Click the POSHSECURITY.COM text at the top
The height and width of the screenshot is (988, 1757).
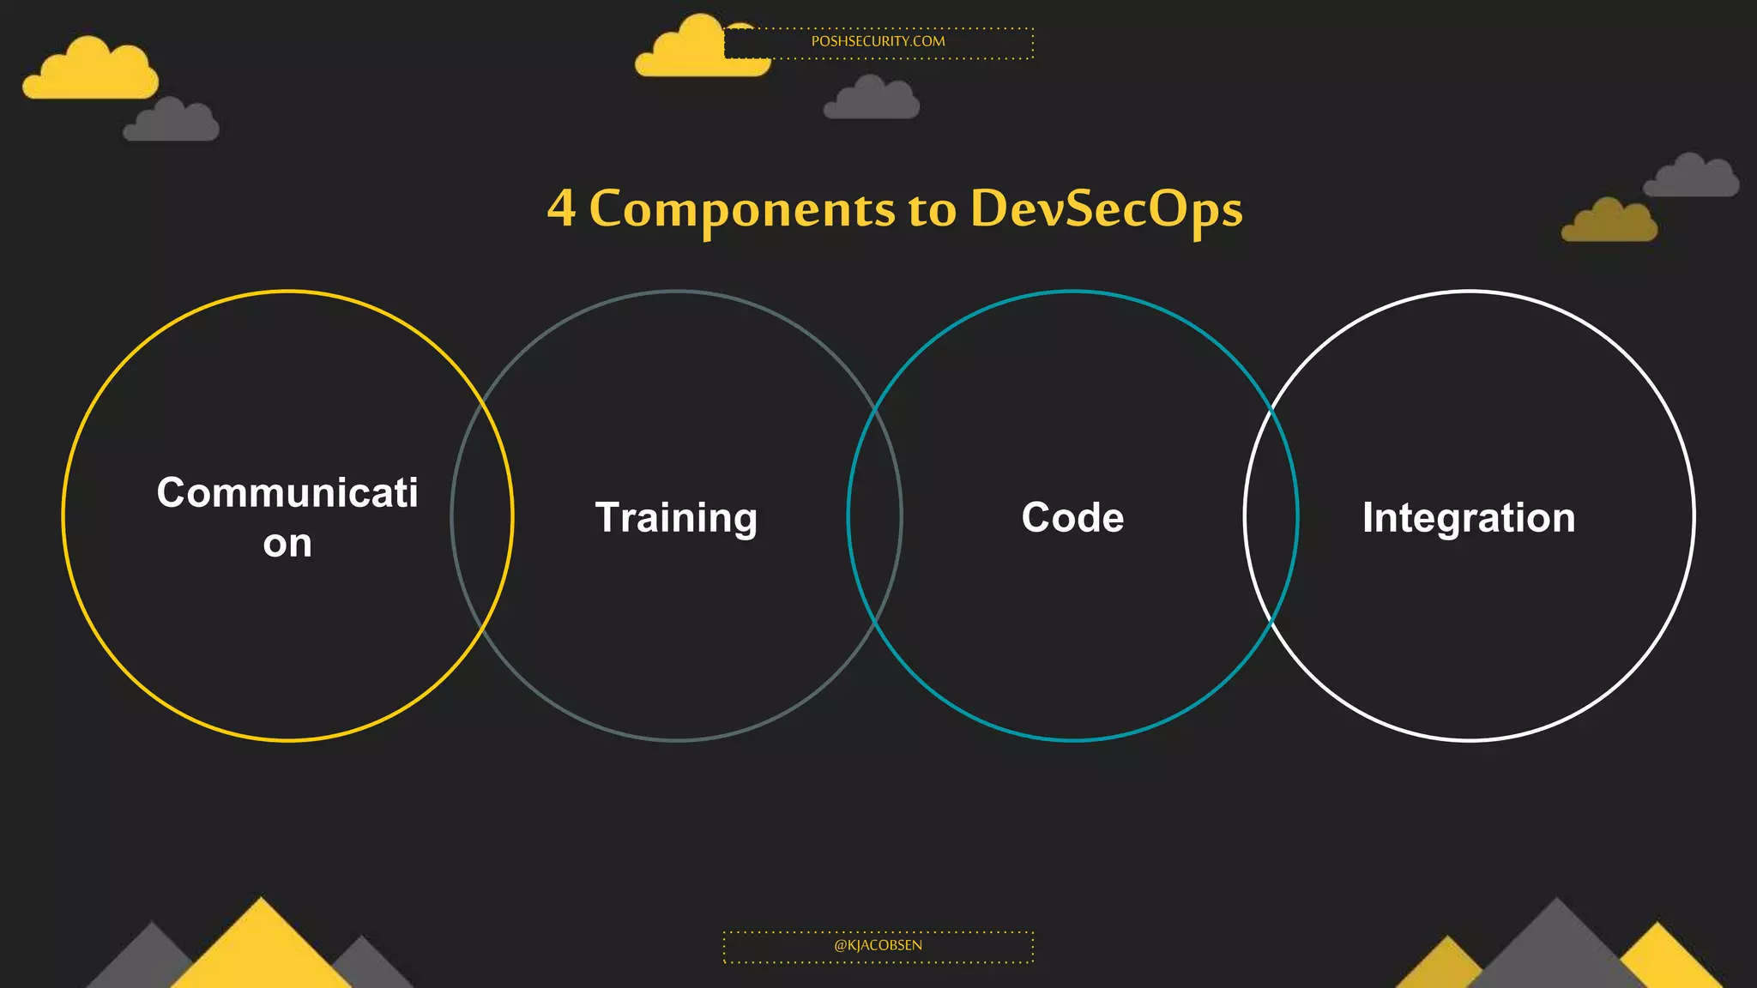pos(878,41)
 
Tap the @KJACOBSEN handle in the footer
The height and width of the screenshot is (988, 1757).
pos(878,945)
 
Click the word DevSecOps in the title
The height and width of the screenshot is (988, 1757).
pos(1106,208)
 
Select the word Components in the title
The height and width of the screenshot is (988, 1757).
pos(742,208)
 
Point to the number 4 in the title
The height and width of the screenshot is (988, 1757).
pos(561,208)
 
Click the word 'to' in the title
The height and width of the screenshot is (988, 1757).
pos(932,209)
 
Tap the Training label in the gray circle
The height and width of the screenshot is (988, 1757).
pos(676,518)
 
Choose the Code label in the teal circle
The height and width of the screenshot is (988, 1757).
pos(1072,517)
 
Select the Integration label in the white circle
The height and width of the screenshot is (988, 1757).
pos(1469,518)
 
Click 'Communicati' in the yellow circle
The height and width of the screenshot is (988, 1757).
pos(287,492)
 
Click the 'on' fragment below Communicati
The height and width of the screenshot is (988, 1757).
pos(287,544)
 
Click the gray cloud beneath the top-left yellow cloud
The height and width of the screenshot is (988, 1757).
pos(172,122)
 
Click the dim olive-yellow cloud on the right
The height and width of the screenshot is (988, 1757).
pos(1609,222)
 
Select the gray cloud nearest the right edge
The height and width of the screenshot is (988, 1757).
pos(1691,178)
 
